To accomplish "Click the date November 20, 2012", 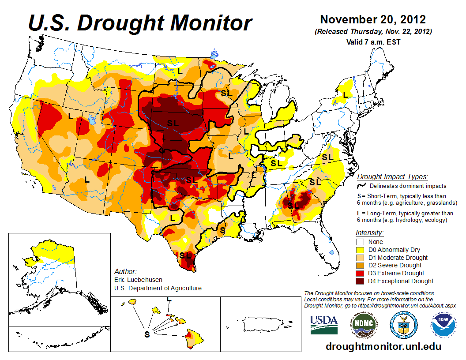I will tap(373, 20).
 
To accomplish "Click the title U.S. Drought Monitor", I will tap(140, 23).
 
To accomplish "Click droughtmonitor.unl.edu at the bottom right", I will tap(383, 346).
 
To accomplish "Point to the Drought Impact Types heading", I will tap(392, 177).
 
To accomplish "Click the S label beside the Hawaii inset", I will tap(147, 334).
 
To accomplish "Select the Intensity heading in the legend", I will tap(369, 232).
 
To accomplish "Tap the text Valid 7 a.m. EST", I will tap(373, 42).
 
